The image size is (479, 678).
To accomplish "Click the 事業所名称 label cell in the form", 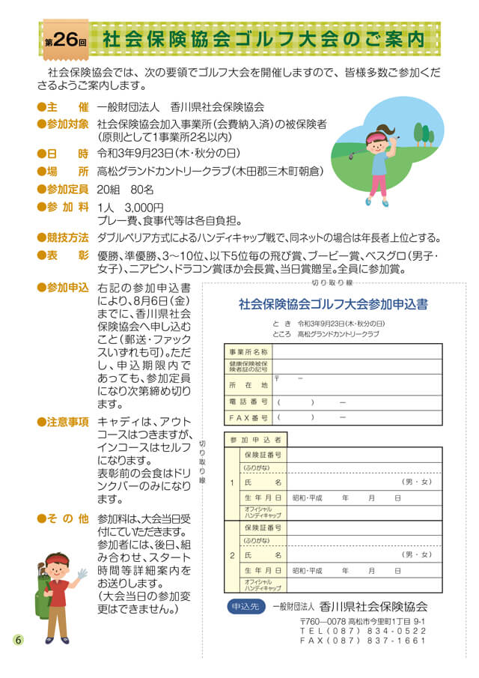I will pos(248,351).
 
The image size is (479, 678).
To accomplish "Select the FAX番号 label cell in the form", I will pos(248,417).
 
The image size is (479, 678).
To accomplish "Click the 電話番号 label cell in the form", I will pos(248,402).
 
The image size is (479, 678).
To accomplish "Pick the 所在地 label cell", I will pos(248,384).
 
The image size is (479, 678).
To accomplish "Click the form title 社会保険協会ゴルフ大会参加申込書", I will pos(333,304).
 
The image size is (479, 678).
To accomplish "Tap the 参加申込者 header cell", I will pos(255,439).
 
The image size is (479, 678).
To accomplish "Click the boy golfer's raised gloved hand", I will pos(82,573).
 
